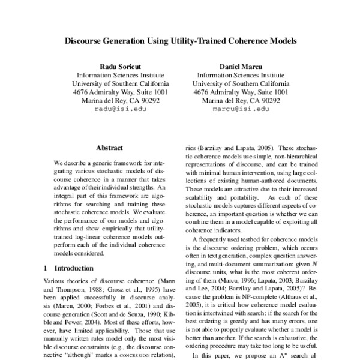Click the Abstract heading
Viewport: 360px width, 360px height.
pos(109,148)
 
